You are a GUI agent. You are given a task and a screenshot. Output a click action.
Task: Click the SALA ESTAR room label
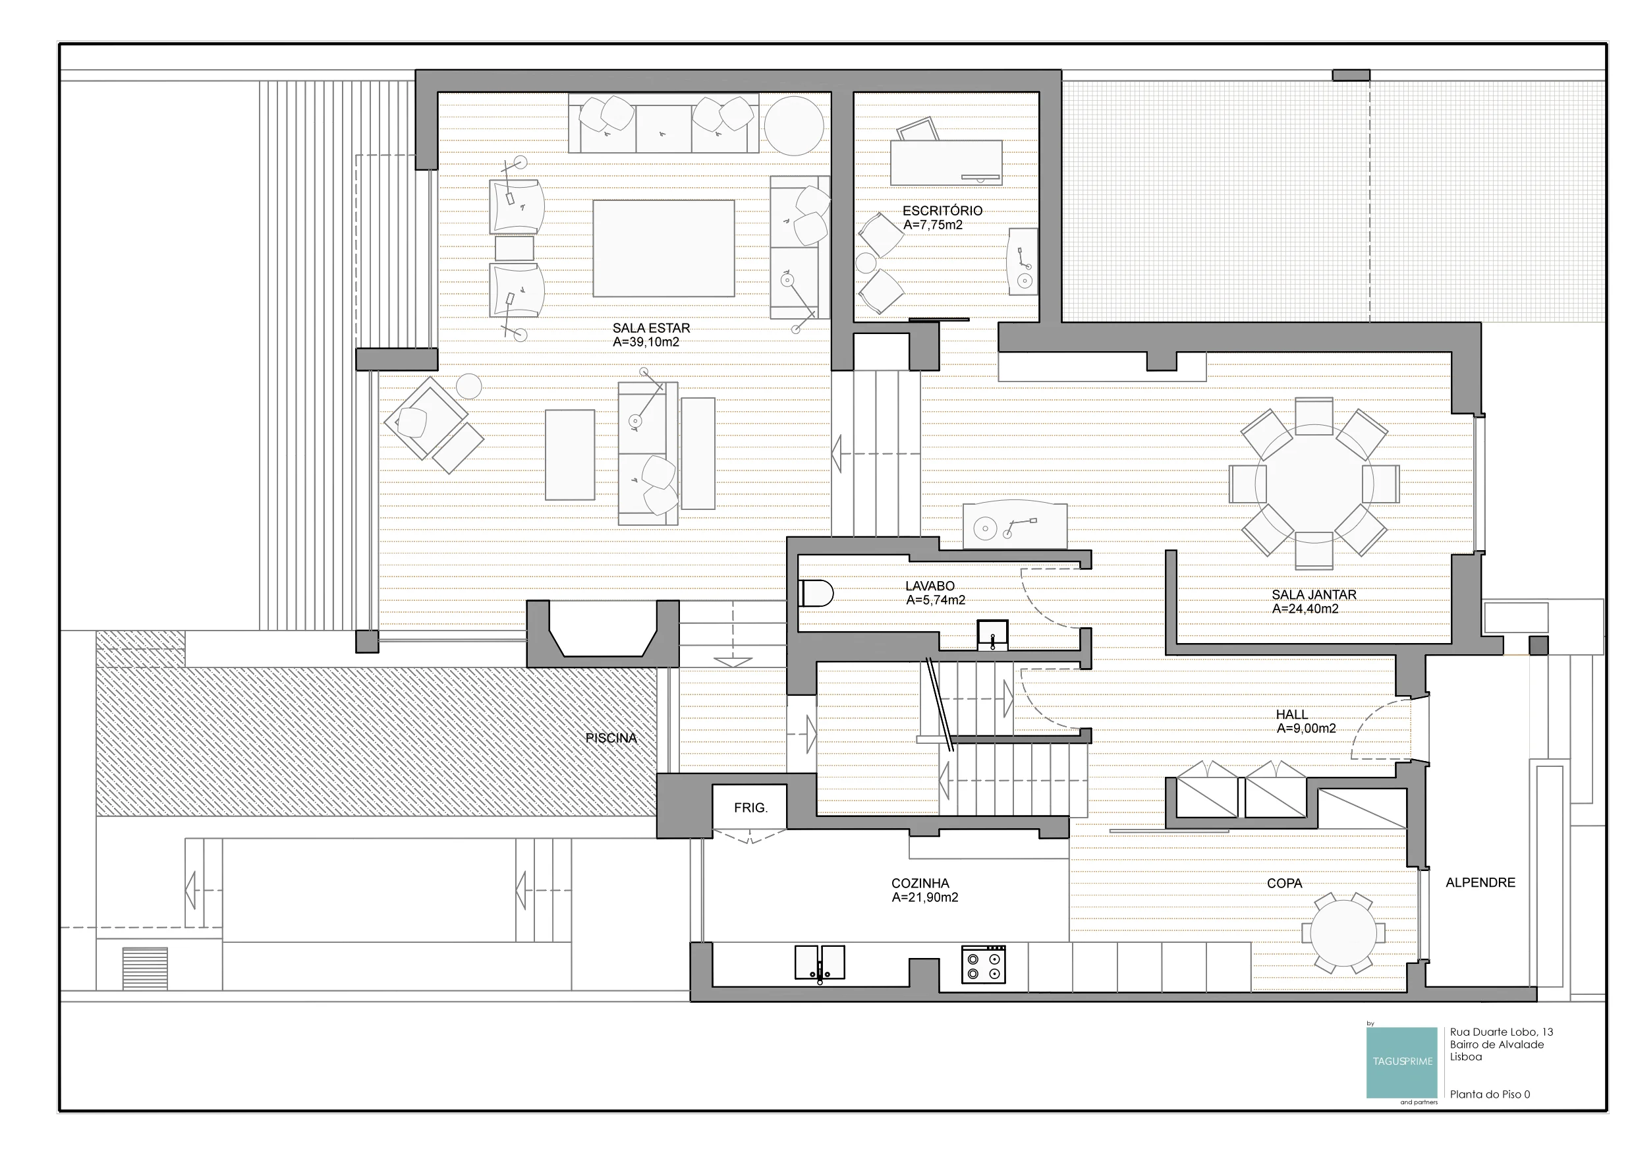[651, 328]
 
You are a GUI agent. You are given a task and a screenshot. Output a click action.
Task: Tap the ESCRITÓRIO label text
[942, 211]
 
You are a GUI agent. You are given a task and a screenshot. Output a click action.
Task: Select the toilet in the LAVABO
[816, 594]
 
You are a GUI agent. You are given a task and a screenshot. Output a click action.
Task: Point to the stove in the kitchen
[984, 965]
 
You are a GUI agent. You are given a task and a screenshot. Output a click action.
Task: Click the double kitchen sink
[820, 963]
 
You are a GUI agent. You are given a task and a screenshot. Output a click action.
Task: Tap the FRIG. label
[751, 808]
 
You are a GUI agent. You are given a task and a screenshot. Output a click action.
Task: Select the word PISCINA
[611, 738]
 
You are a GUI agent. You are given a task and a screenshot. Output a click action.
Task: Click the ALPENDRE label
[1480, 882]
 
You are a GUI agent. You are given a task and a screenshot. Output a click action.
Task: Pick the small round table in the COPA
[1343, 933]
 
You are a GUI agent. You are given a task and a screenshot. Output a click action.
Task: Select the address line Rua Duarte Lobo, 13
[1502, 1032]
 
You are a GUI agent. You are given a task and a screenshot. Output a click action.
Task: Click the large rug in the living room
[663, 248]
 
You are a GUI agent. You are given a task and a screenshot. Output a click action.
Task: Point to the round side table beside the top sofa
[794, 125]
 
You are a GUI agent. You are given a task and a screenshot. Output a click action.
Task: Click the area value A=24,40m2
[1305, 609]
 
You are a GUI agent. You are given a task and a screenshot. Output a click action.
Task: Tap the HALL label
[1291, 714]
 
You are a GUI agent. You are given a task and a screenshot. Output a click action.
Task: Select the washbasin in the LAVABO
[992, 634]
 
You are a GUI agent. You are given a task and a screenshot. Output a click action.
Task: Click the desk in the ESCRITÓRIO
[947, 163]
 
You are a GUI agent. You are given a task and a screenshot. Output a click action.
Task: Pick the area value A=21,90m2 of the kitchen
[925, 897]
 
